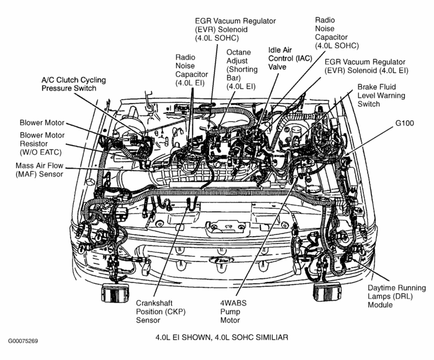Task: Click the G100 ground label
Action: [x=405, y=123]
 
